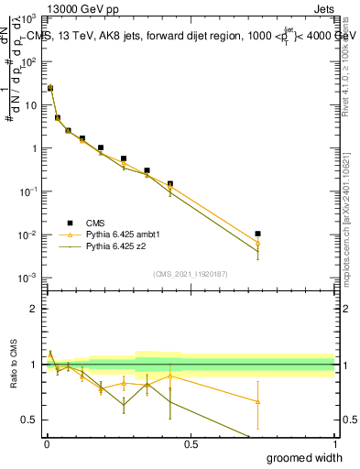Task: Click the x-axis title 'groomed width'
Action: click(306, 457)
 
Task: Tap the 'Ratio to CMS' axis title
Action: click(14, 365)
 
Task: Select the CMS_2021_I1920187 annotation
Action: click(190, 274)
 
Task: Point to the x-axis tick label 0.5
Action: click(191, 444)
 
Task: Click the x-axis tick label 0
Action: click(47, 444)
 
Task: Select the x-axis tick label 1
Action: click(334, 444)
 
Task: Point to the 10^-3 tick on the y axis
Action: click(29, 278)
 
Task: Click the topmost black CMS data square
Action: click(50, 88)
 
